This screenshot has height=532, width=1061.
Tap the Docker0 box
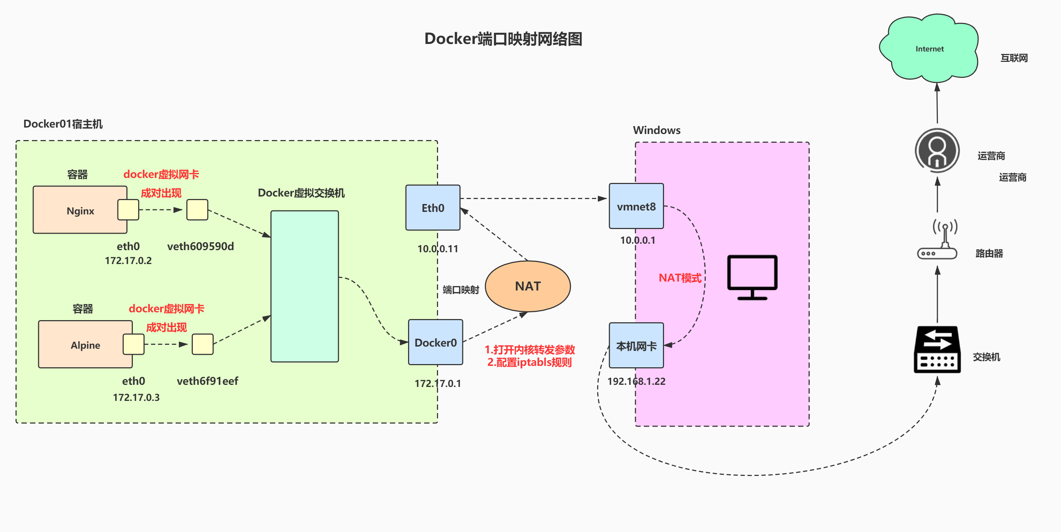[x=435, y=342]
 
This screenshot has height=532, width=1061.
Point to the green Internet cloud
[x=929, y=49]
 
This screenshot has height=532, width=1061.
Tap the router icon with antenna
[x=937, y=241]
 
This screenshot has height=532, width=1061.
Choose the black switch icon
[x=937, y=349]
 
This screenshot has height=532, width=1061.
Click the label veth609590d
[x=200, y=247]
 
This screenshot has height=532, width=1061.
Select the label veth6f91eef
[x=207, y=381]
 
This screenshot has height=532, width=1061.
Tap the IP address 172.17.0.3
[x=136, y=397]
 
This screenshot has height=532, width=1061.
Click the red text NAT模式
[x=680, y=278]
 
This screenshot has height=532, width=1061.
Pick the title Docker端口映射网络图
[x=503, y=39]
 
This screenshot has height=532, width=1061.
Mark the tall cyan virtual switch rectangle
[x=305, y=287]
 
